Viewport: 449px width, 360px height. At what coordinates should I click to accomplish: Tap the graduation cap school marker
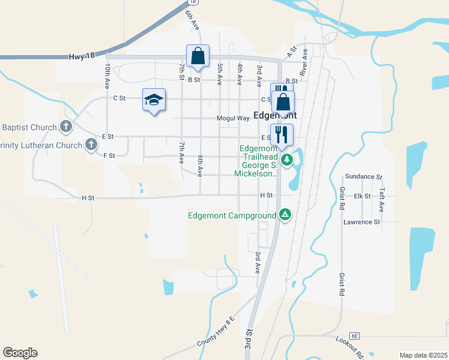tap(154, 100)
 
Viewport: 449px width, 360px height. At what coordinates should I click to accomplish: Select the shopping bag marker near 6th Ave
tap(197, 57)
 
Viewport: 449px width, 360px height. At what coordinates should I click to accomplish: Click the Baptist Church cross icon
tap(66, 127)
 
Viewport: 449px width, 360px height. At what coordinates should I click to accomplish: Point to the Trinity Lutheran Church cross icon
tap(91, 144)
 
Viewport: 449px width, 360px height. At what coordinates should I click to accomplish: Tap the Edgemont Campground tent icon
tap(286, 215)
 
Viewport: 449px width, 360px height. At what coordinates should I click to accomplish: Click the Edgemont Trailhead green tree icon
tap(288, 160)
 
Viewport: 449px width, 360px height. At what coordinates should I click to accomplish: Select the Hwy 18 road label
tap(82, 55)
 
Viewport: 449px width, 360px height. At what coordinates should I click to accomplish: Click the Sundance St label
tap(363, 178)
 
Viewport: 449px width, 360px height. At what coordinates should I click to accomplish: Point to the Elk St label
tap(362, 196)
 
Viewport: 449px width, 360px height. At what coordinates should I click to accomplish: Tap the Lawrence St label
tap(361, 222)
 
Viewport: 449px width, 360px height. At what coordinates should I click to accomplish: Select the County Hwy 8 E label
tap(214, 334)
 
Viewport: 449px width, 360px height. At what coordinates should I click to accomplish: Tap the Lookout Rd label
tap(351, 347)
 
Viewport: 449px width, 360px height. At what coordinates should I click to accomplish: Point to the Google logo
tap(20, 353)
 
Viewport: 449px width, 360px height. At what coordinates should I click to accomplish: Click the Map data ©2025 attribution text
tap(423, 355)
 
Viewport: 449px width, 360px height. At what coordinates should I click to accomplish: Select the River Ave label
tap(304, 62)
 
